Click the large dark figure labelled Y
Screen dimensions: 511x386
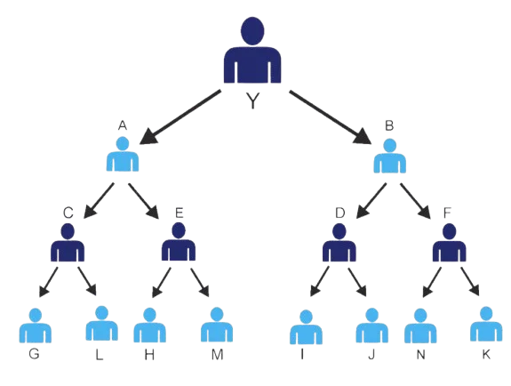click(252, 51)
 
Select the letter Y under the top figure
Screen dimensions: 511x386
click(252, 101)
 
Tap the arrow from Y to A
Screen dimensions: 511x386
click(180, 117)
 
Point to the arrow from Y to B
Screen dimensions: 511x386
click(330, 117)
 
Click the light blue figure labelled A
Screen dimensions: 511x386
click(123, 155)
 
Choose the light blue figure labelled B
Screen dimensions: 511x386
click(390, 156)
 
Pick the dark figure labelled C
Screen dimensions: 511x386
click(68, 243)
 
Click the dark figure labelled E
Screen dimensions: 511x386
click(179, 242)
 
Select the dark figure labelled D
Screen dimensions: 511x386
click(339, 243)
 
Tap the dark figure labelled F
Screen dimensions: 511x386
click(450, 243)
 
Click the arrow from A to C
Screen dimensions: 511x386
click(99, 200)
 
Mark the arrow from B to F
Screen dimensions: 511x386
click(415, 201)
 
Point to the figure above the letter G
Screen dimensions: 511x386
click(36, 326)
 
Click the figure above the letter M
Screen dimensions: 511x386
click(217, 325)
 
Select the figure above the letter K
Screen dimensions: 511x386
click(486, 324)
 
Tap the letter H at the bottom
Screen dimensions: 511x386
click(149, 355)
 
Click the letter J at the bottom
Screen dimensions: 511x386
click(371, 355)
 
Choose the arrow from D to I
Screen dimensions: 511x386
click(319, 281)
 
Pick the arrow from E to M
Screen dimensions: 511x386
click(200, 282)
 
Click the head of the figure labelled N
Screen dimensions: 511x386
click(420, 316)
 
